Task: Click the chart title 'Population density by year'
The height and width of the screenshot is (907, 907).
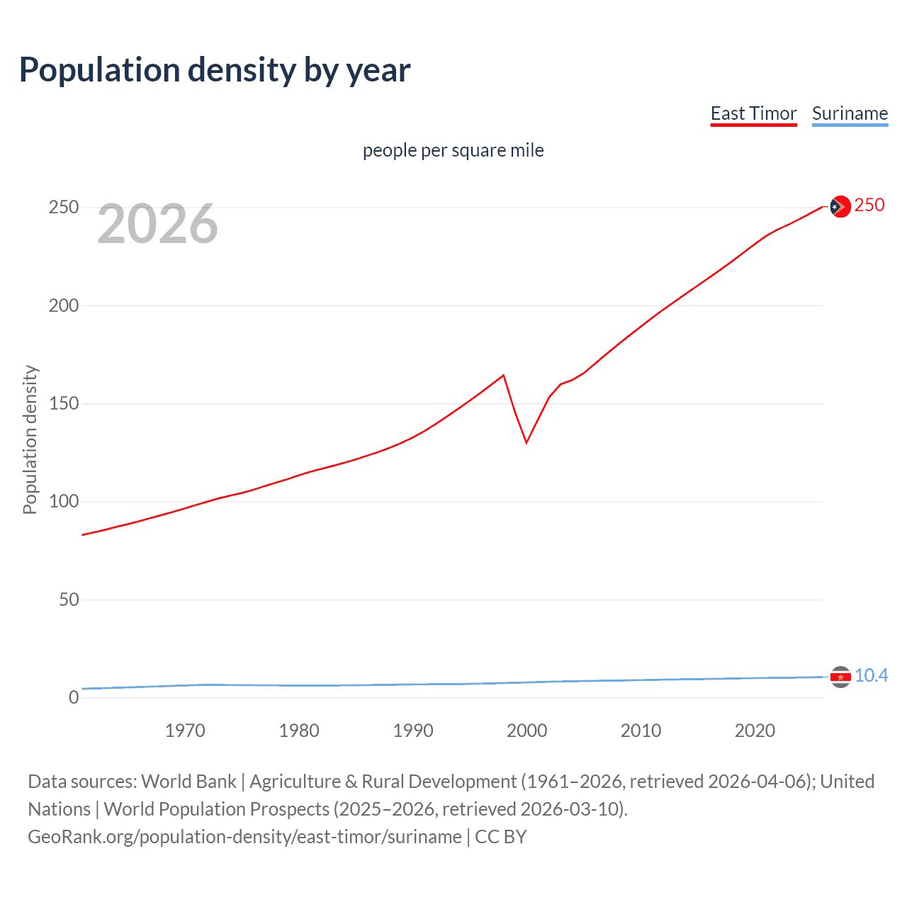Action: point(215,70)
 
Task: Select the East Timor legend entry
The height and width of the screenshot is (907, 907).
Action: point(753,114)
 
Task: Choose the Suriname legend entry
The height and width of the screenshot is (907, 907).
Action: point(850,114)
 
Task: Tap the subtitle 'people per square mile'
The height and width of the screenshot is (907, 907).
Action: point(453,150)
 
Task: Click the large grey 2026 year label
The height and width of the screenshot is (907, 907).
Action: point(157,224)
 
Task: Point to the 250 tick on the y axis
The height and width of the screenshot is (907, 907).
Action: point(64,208)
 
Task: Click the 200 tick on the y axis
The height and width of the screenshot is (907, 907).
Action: point(64,305)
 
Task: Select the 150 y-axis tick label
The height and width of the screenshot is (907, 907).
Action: point(64,404)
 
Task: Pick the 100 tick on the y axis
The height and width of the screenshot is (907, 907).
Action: point(64,502)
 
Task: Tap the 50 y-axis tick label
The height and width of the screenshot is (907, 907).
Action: point(69,599)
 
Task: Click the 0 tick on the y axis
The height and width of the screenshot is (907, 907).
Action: point(74,697)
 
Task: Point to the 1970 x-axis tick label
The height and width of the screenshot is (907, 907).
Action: point(185,731)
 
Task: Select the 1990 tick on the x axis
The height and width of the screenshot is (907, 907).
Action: point(413,731)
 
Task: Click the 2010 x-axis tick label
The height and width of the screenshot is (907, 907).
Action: point(641,731)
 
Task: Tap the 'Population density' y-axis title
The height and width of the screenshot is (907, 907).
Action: point(30,439)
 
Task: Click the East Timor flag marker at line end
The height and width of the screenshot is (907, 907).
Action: point(840,206)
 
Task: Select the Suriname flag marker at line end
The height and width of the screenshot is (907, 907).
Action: point(840,677)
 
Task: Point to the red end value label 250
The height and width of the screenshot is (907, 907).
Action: point(869,205)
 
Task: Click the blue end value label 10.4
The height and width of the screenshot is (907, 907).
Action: point(871,676)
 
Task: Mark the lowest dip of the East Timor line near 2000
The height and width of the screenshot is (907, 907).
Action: point(526,443)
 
